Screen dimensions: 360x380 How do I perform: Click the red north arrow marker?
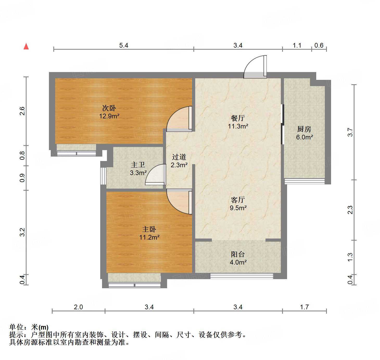point(26,46)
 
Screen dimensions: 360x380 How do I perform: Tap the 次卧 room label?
point(109,108)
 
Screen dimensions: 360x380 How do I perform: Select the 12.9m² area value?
point(109,116)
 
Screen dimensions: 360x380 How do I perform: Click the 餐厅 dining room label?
point(238,118)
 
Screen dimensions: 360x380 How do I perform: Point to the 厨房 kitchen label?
point(304,129)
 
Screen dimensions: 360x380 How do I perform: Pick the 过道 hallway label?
point(179,157)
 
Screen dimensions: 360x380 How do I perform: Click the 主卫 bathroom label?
point(138,165)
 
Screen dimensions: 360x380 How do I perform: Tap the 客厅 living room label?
point(238,200)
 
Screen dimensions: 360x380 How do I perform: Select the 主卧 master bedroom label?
point(149,229)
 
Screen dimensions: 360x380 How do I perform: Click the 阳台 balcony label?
point(238,254)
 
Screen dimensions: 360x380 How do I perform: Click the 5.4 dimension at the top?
point(124,46)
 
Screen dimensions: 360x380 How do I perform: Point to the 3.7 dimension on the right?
point(350,132)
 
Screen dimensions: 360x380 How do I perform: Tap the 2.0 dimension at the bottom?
point(78,307)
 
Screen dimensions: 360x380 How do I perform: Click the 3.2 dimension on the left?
point(22,232)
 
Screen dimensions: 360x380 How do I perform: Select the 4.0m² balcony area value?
point(238,262)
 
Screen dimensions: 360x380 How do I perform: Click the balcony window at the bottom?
point(242,276)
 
